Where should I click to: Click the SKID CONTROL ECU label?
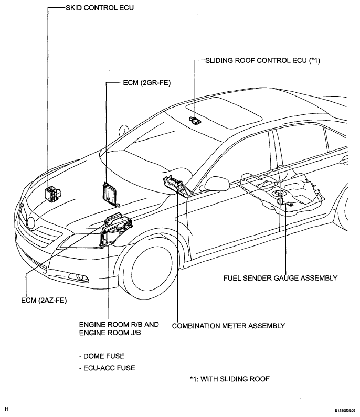pyautogui.click(x=100, y=8)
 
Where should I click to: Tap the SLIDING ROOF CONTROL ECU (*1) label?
pyautogui.click(x=262, y=61)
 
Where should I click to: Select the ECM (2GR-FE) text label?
pyautogui.click(x=146, y=83)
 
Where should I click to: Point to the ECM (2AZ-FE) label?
pyautogui.click(x=44, y=300)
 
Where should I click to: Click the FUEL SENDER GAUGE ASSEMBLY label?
pyautogui.click(x=280, y=278)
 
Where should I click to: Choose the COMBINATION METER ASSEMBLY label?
pyautogui.click(x=229, y=326)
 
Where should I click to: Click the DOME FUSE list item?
pyautogui.click(x=102, y=356)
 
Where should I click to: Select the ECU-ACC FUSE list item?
pyautogui.click(x=107, y=368)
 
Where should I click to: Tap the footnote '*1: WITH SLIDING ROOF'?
pyautogui.click(x=230, y=379)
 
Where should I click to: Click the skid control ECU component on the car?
pyautogui.click(x=52, y=194)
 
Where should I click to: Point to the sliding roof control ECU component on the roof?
pyautogui.click(x=195, y=121)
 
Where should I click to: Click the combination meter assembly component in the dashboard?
pyautogui.click(x=177, y=185)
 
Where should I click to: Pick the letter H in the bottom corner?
pyautogui.click(x=7, y=409)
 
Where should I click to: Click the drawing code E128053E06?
pyautogui.click(x=345, y=411)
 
